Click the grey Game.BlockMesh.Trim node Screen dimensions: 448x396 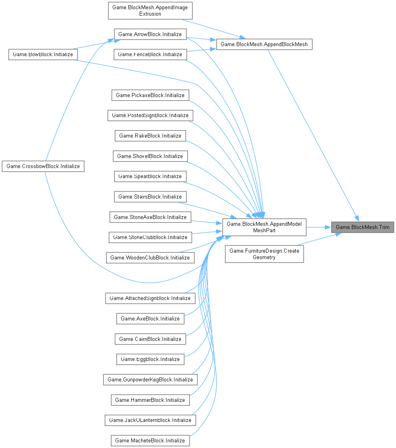(362, 227)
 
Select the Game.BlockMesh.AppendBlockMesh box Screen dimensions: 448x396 (264, 44)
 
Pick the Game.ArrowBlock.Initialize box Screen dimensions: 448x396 (150, 34)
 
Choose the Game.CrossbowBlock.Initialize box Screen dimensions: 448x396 (43, 166)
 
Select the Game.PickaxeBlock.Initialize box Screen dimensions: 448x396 (150, 95)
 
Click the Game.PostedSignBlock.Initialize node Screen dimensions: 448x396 (150, 116)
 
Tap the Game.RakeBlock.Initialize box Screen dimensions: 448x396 (150, 136)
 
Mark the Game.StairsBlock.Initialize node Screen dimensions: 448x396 (150, 197)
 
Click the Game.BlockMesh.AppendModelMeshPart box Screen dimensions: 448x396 (264, 227)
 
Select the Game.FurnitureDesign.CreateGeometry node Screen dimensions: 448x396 (264, 254)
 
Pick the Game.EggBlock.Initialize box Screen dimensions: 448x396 (150, 359)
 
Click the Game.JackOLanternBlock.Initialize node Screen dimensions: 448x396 (150, 420)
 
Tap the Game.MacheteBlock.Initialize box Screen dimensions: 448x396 (150, 440)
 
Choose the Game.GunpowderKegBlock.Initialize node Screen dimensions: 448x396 (150, 379)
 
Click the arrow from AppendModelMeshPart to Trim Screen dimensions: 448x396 (318, 227)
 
